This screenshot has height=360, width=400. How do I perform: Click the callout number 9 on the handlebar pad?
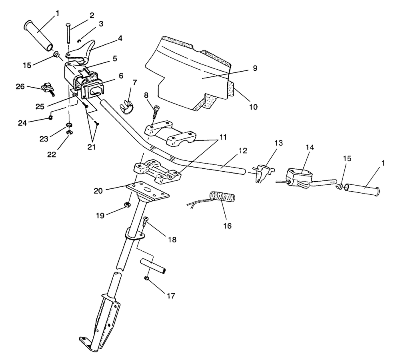[x=255, y=68]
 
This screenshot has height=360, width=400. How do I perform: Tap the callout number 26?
[x=20, y=87]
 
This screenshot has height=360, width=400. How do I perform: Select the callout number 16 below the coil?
[x=227, y=226]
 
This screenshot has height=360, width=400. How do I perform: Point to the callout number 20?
[x=98, y=190]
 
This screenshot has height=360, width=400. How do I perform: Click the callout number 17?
[x=171, y=296]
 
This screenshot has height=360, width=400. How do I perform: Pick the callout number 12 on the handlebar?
[x=243, y=151]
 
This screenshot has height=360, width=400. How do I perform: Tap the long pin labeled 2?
[x=68, y=33]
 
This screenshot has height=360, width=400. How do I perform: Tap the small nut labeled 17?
[x=147, y=278]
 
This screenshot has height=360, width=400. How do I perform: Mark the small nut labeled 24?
[x=50, y=118]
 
